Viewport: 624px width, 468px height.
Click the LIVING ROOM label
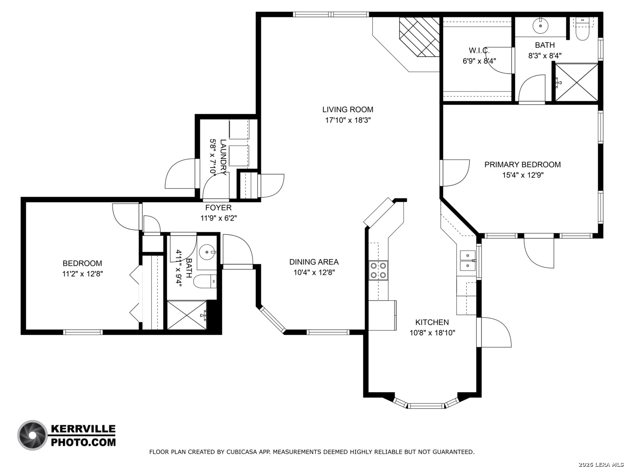pos(348,109)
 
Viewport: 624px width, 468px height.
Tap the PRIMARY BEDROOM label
pos(522,165)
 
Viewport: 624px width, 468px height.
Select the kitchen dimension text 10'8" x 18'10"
pos(432,333)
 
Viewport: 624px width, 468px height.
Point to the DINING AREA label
pos(314,262)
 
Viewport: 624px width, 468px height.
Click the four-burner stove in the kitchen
pos(378,270)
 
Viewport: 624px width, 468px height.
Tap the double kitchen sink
pos(468,260)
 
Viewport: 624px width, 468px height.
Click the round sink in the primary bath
pos(539,26)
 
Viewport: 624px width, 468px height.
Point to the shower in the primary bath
pos(576,82)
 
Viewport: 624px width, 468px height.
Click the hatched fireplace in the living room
pos(419,37)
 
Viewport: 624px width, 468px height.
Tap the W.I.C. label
pos(479,51)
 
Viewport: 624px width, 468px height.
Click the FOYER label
pos(218,208)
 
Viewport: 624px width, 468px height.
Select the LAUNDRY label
pos(223,157)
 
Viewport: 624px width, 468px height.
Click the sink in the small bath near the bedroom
pos(208,252)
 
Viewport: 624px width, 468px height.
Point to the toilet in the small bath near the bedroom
pos(205,282)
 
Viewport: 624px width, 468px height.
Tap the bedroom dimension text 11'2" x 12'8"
pos(82,274)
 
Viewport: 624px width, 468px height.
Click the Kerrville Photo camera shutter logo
pos(32,435)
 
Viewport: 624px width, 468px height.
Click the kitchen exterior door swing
pos(495,332)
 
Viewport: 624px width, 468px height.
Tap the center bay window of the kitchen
pos(426,406)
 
